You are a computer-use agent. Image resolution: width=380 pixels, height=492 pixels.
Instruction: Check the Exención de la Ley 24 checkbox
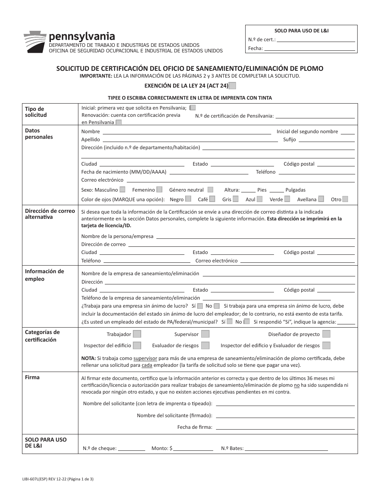(232, 85)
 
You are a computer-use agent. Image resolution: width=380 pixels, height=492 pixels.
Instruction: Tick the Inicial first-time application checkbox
(193, 108)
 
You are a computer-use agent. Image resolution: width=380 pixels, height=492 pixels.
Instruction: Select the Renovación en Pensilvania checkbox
(118, 123)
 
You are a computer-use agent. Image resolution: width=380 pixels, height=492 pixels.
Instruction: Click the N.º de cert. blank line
(316, 40)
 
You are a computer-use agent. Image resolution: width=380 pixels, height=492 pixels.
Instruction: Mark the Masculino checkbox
(122, 190)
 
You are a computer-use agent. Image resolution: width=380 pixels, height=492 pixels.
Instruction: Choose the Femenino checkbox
(159, 190)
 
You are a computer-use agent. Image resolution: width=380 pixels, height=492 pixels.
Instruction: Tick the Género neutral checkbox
(210, 190)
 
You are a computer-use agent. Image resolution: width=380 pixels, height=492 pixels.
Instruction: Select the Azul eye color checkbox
(260, 199)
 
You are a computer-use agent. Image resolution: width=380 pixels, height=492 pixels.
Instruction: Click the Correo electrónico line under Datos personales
(240, 180)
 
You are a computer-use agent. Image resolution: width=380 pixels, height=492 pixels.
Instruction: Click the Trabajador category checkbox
(137, 334)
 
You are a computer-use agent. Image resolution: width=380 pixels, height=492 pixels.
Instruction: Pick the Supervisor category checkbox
(205, 334)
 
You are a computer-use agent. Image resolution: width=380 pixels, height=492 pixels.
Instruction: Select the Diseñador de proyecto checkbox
(326, 334)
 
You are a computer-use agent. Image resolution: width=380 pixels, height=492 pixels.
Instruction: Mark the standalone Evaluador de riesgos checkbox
(205, 345)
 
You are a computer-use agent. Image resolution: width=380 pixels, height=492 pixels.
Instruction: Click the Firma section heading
(32, 377)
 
